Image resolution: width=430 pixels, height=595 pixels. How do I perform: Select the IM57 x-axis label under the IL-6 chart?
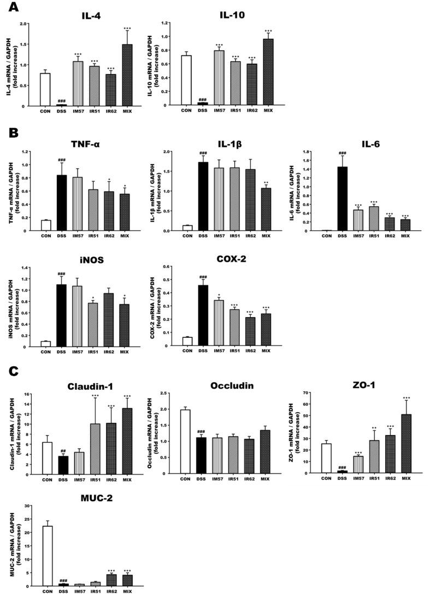coord(358,236)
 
